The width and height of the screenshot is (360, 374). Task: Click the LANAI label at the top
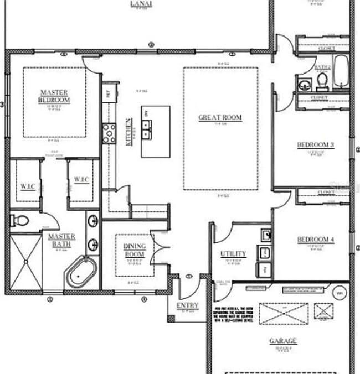pos(141,3)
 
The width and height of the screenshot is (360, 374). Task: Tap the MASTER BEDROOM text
pos(54,96)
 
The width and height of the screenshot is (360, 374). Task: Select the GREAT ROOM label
pos(220,118)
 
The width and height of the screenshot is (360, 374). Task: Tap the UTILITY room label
pos(233,254)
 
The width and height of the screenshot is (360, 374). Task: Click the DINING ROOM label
pos(134,251)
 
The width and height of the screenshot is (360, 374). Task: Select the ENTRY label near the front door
pos(187,305)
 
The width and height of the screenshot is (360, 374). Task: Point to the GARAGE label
pos(282,341)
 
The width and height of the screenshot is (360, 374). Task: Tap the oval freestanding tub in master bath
pos(81,271)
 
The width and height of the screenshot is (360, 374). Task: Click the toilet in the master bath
pos(20,221)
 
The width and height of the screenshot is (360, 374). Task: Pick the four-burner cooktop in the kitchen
pos(109,133)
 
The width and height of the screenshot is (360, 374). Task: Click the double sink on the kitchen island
pos(147,132)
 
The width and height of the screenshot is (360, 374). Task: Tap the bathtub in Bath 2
pos(340,71)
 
